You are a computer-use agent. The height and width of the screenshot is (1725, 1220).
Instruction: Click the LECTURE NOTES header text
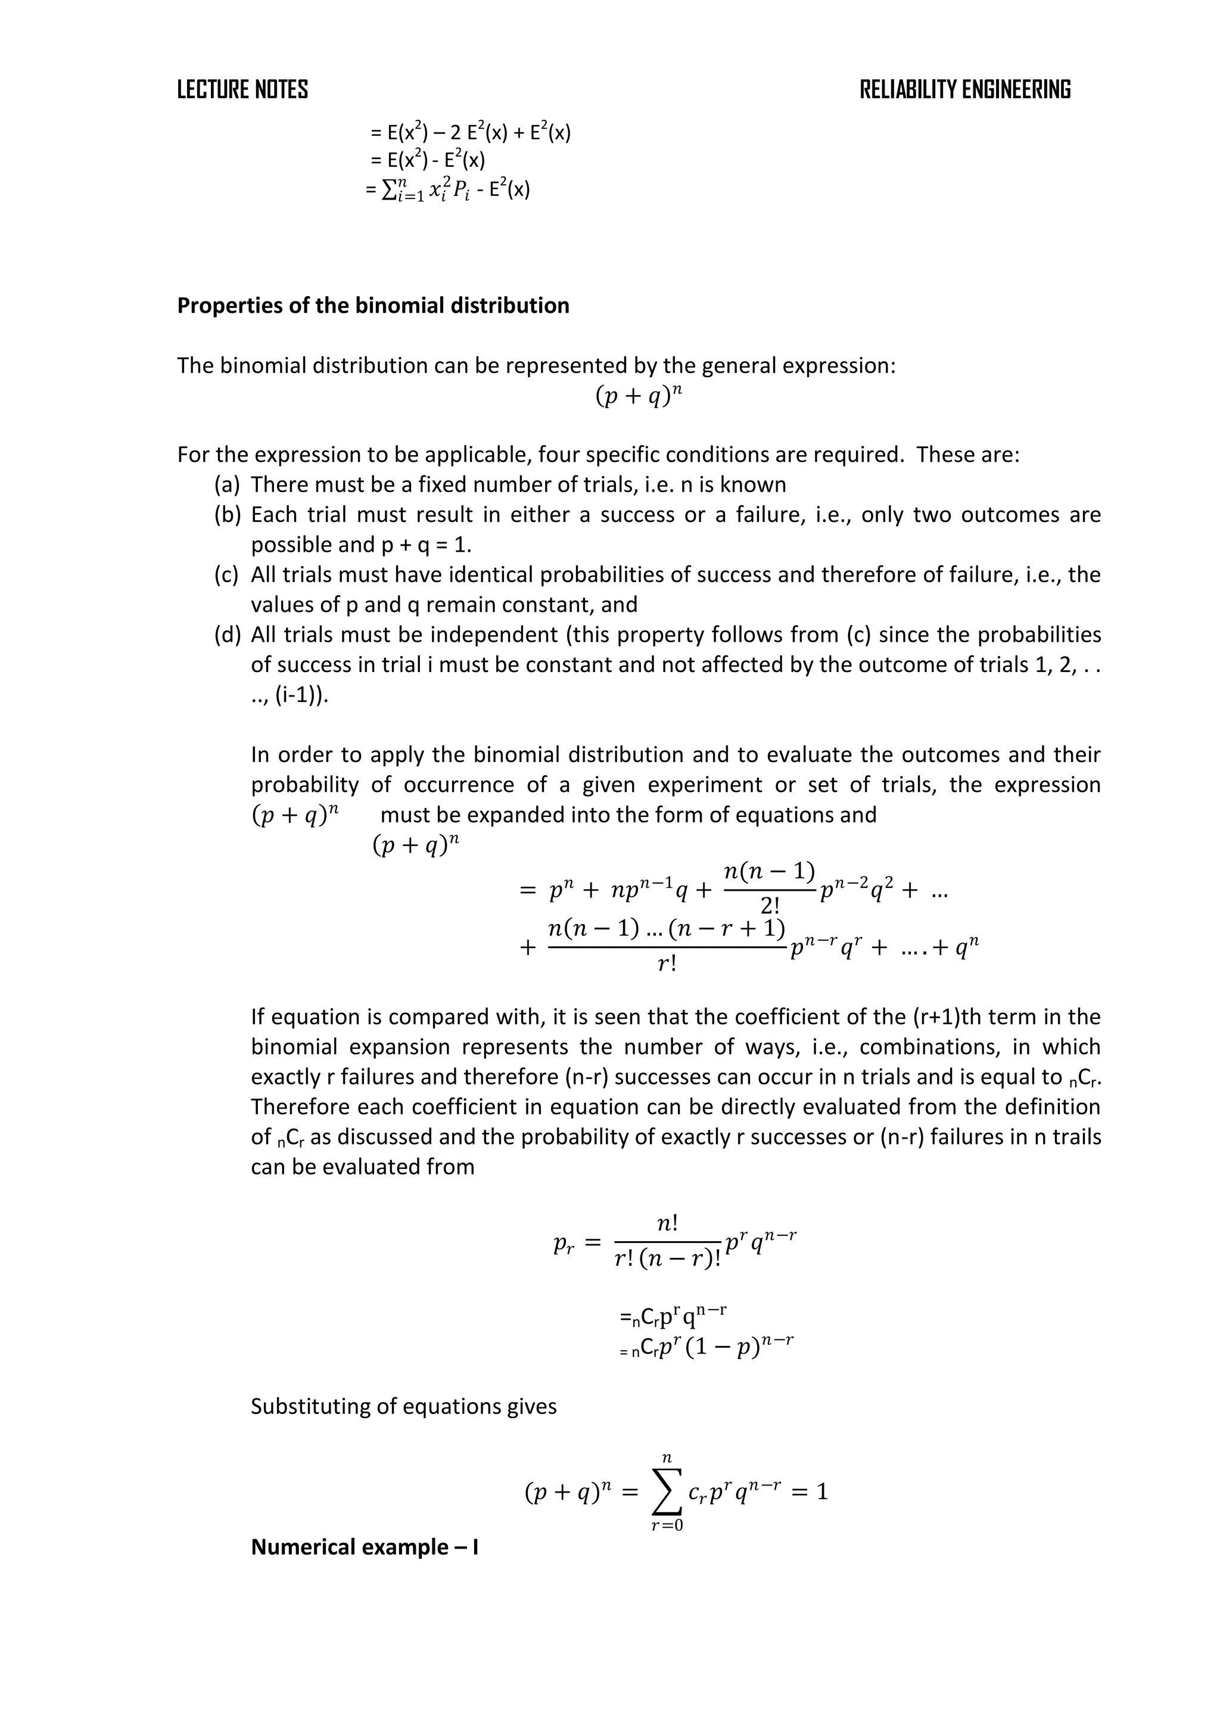pyautogui.click(x=242, y=89)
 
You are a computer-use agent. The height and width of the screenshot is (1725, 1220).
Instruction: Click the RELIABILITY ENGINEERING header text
pyautogui.click(x=964, y=89)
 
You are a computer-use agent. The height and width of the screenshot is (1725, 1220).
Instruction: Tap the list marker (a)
pyautogui.click(x=227, y=484)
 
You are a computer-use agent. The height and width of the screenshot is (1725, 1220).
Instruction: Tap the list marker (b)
pyautogui.click(x=227, y=515)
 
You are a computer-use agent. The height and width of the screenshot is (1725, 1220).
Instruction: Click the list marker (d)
pyautogui.click(x=227, y=635)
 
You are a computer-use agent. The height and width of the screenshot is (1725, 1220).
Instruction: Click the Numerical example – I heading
pyautogui.click(x=365, y=1547)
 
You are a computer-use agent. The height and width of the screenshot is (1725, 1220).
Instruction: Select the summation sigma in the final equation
pyautogui.click(x=667, y=1491)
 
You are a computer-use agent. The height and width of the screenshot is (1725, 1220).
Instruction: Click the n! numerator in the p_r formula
pyautogui.click(x=667, y=1224)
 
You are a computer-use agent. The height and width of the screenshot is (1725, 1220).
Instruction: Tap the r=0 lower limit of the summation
pyautogui.click(x=667, y=1526)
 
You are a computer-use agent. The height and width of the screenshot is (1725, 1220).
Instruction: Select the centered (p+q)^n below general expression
pyautogui.click(x=639, y=396)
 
